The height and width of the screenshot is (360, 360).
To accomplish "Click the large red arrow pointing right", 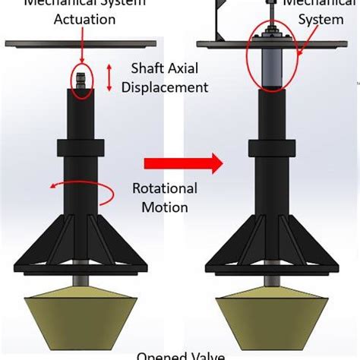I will pos(182,163).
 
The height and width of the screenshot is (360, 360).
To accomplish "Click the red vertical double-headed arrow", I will pos(109,78).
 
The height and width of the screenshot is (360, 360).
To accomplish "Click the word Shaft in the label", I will pos(149,69).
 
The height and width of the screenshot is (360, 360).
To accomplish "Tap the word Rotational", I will pos(165,188).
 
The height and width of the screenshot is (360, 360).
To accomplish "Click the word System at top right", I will pos(321,20).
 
